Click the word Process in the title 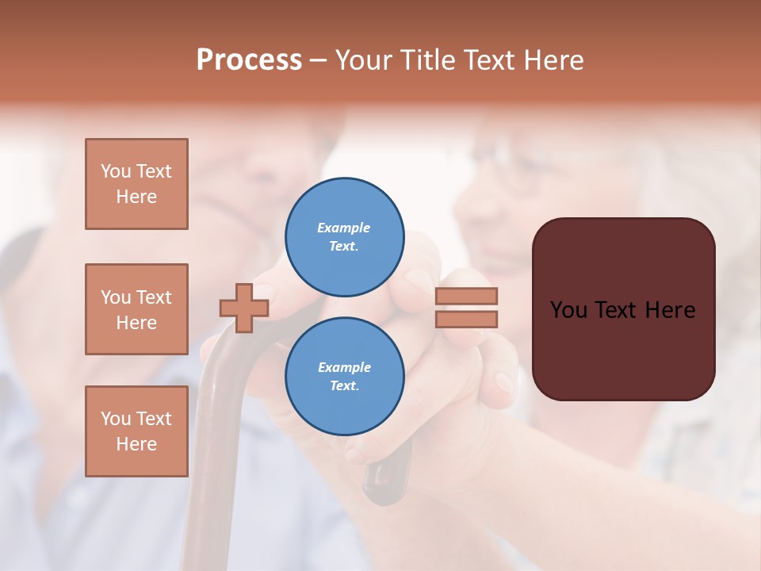[249, 60]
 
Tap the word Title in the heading [427, 60]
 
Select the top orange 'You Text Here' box [136, 184]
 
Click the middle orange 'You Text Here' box [136, 309]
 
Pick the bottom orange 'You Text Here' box [136, 431]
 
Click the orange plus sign [244, 308]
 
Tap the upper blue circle [344, 237]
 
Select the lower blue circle [344, 376]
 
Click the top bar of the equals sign [466, 296]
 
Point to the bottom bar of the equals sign [466, 319]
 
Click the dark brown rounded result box [623, 349]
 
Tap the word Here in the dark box [669, 310]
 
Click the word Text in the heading [490, 60]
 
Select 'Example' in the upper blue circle [344, 228]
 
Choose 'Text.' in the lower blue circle [344, 386]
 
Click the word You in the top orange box [116, 171]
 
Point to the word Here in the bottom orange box [136, 444]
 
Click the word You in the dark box [569, 310]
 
